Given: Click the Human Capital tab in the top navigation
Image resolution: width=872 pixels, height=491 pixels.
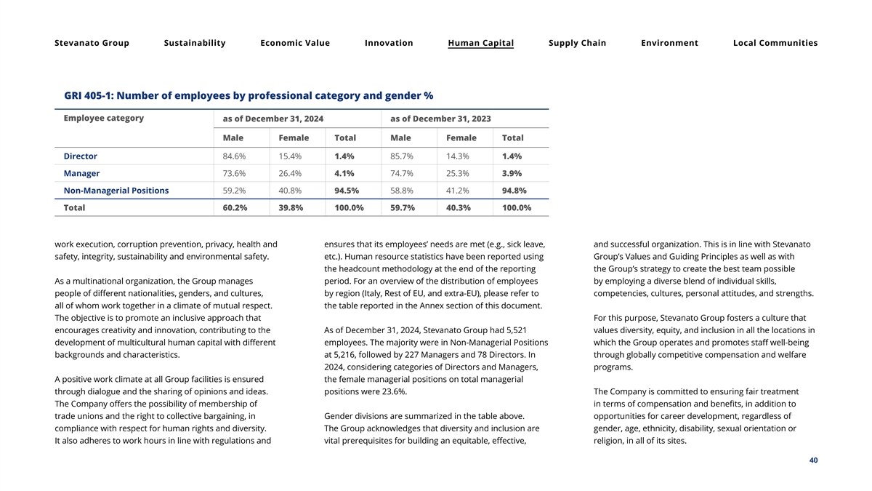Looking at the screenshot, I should pos(480,43).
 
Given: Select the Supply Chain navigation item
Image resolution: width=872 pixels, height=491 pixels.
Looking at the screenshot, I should pos(577,43).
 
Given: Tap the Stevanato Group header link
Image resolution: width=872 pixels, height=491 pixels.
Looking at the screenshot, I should pos(92,43).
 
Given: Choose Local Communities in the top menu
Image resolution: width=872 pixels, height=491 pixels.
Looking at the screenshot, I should pos(775,43).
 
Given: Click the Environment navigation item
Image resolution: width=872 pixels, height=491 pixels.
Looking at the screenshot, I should pos(669,43).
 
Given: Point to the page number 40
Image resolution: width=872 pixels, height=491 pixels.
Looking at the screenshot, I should pos(812,460).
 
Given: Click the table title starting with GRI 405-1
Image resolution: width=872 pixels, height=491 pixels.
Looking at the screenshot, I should pos(249,96).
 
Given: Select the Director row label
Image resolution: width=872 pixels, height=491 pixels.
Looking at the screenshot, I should pos(80,156).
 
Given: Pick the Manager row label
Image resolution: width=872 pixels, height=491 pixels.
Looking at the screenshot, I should pos(81,173).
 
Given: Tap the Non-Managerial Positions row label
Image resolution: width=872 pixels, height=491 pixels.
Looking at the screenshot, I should pos(116,191).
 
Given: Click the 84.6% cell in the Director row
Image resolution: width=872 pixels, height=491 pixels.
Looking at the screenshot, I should pos(234,156).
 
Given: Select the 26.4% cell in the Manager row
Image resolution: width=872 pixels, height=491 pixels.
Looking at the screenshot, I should pos(290,173).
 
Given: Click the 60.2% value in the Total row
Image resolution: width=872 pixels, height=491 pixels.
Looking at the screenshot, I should pos(235,208).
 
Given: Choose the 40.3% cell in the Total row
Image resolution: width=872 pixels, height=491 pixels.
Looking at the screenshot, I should pos(458,208).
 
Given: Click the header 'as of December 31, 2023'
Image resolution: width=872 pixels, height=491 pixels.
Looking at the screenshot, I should pos(440,119).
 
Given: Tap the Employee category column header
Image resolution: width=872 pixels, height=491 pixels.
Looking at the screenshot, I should pos(104,119).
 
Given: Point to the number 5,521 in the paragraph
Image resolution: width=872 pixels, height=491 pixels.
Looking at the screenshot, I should pos(512,330).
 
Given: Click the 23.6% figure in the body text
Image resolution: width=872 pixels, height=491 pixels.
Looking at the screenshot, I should pos(392,393).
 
